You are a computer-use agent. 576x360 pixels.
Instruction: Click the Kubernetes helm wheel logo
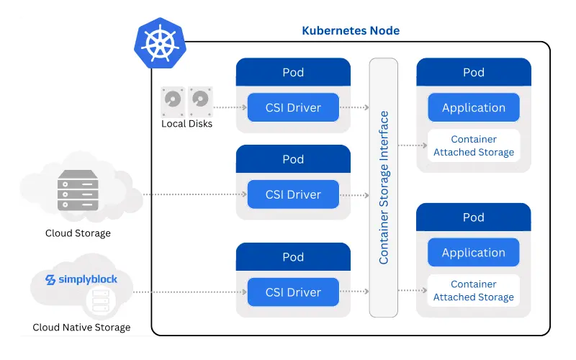(156, 44)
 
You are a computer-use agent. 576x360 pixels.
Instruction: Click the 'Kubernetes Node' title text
(350, 31)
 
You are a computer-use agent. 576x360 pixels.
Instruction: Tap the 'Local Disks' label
(186, 124)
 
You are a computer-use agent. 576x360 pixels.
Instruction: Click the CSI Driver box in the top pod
(293, 108)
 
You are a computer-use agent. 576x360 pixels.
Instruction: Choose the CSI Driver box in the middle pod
(293, 194)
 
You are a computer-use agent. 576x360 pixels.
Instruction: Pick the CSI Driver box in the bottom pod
(293, 292)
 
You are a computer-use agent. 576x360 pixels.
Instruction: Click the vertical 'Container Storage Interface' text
(384, 187)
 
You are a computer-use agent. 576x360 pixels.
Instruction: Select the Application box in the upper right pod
(473, 108)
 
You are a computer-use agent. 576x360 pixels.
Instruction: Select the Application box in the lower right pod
(473, 253)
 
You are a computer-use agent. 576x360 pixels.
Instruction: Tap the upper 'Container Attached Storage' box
(473, 145)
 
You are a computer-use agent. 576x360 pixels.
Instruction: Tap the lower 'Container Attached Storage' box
(473, 290)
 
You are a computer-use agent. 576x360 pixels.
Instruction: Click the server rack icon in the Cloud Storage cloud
(78, 190)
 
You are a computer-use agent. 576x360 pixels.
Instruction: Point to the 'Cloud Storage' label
(78, 233)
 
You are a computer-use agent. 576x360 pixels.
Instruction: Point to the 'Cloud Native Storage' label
(81, 328)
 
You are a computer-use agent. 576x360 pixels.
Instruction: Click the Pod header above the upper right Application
(473, 72)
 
